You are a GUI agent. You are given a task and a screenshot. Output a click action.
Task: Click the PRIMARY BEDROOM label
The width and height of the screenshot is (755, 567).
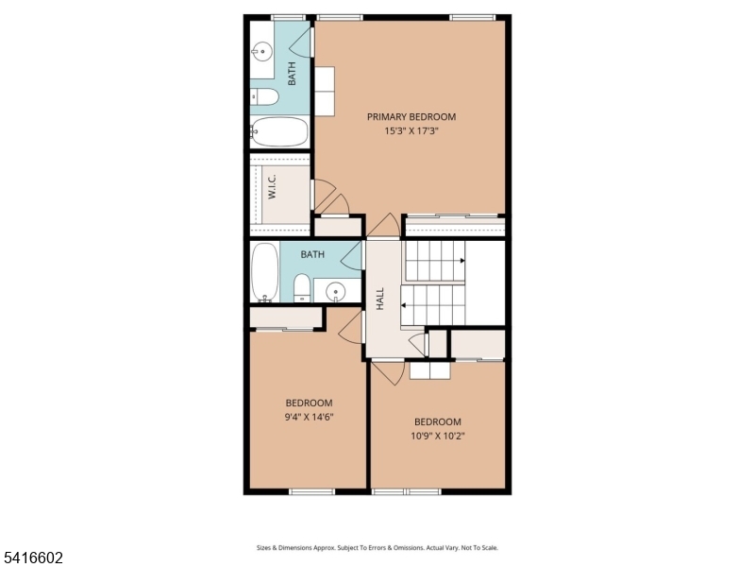411,117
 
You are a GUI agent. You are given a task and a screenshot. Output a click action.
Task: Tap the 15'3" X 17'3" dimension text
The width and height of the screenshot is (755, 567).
411,131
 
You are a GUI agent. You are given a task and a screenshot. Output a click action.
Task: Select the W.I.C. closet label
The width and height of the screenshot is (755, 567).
272,188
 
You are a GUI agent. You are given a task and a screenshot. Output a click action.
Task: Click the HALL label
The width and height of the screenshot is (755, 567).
380,299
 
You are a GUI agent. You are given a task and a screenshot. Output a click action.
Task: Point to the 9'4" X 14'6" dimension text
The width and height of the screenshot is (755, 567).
310,417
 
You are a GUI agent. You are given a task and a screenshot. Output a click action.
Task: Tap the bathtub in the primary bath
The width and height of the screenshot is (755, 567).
279,131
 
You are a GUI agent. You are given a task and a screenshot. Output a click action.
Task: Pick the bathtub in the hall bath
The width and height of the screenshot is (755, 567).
264,272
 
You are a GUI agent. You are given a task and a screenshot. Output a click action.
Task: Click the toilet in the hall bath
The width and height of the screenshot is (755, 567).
302,287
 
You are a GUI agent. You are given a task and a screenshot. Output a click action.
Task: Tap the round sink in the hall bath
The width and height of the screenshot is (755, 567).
336,292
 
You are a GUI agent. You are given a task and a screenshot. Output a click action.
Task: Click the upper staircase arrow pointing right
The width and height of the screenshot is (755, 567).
461,260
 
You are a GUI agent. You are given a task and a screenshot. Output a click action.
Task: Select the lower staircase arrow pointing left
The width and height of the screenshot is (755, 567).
405,305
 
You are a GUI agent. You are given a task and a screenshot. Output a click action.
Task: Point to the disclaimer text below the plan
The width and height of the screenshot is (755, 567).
377,547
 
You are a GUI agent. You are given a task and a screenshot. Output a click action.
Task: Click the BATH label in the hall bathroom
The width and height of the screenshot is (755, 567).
312,254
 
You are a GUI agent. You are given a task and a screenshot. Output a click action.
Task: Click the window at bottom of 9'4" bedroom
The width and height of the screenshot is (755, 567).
311,490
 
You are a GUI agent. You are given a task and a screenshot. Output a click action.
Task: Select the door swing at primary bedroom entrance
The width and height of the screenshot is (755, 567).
383,226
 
